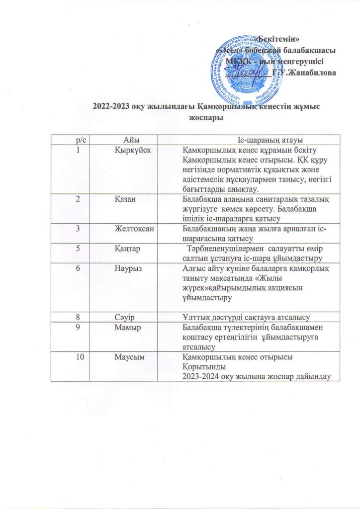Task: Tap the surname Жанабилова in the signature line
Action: [311, 73]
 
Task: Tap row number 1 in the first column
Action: [78, 150]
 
